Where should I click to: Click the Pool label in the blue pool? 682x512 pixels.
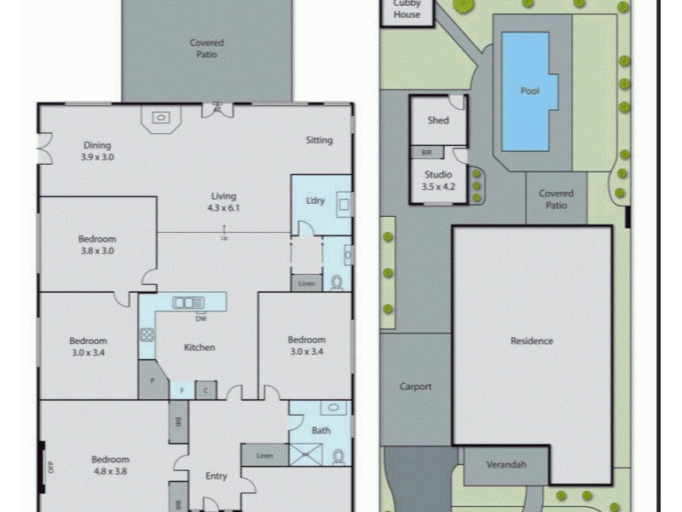pyautogui.click(x=530, y=90)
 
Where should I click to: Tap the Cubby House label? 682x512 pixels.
pyautogui.click(x=407, y=9)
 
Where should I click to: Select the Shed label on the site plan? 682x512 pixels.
pyautogui.click(x=438, y=120)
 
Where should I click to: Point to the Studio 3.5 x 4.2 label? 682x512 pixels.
pyautogui.click(x=438, y=180)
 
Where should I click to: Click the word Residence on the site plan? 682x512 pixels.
pyautogui.click(x=532, y=341)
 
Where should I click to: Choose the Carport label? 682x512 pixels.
pyautogui.click(x=416, y=387)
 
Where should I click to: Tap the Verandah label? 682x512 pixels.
pyautogui.click(x=506, y=465)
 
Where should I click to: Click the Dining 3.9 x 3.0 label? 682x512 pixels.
pyautogui.click(x=97, y=151)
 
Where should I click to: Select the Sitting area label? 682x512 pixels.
pyautogui.click(x=319, y=140)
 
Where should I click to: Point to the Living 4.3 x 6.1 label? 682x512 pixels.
pyautogui.click(x=223, y=201)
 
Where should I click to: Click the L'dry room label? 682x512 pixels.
pyautogui.click(x=315, y=201)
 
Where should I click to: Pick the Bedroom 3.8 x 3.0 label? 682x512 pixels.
pyautogui.click(x=97, y=245)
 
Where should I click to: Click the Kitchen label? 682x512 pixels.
pyautogui.click(x=199, y=347)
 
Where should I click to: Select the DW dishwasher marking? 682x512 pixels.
pyautogui.click(x=200, y=319)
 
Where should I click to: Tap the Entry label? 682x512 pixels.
pyautogui.click(x=217, y=476)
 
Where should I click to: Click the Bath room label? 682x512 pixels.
pyautogui.click(x=321, y=430)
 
